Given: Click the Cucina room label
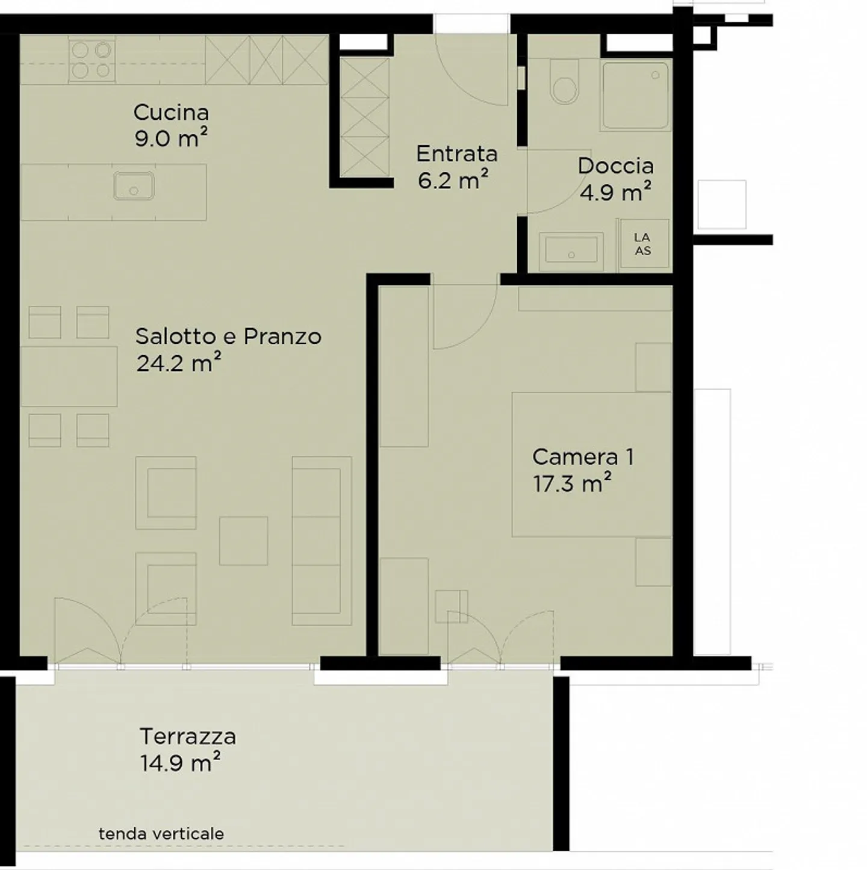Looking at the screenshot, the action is [x=171, y=113].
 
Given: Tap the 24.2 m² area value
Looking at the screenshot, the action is [x=179, y=362].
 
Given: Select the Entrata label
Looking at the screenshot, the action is [x=457, y=154].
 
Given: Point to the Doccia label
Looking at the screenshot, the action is [x=615, y=166].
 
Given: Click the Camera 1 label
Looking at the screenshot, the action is [x=583, y=457].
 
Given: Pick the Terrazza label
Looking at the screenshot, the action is [x=188, y=736].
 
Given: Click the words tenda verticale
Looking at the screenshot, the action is [x=161, y=834].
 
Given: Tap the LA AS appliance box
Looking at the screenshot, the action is [x=644, y=244].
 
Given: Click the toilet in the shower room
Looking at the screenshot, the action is [x=565, y=81].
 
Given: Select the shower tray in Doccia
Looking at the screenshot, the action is [x=636, y=96].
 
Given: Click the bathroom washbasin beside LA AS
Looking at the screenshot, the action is [x=571, y=252].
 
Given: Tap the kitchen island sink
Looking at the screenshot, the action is [x=134, y=185].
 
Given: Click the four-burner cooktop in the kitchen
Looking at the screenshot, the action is [x=92, y=60].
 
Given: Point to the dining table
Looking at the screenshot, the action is [x=69, y=376].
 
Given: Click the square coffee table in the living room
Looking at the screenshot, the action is [x=243, y=541].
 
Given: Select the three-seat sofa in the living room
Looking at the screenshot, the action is [x=322, y=541].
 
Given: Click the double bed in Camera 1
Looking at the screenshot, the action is [x=592, y=465].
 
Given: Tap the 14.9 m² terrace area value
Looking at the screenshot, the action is [x=180, y=763].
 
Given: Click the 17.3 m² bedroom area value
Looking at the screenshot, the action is [x=572, y=484].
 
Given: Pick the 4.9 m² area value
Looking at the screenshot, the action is [x=615, y=193].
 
